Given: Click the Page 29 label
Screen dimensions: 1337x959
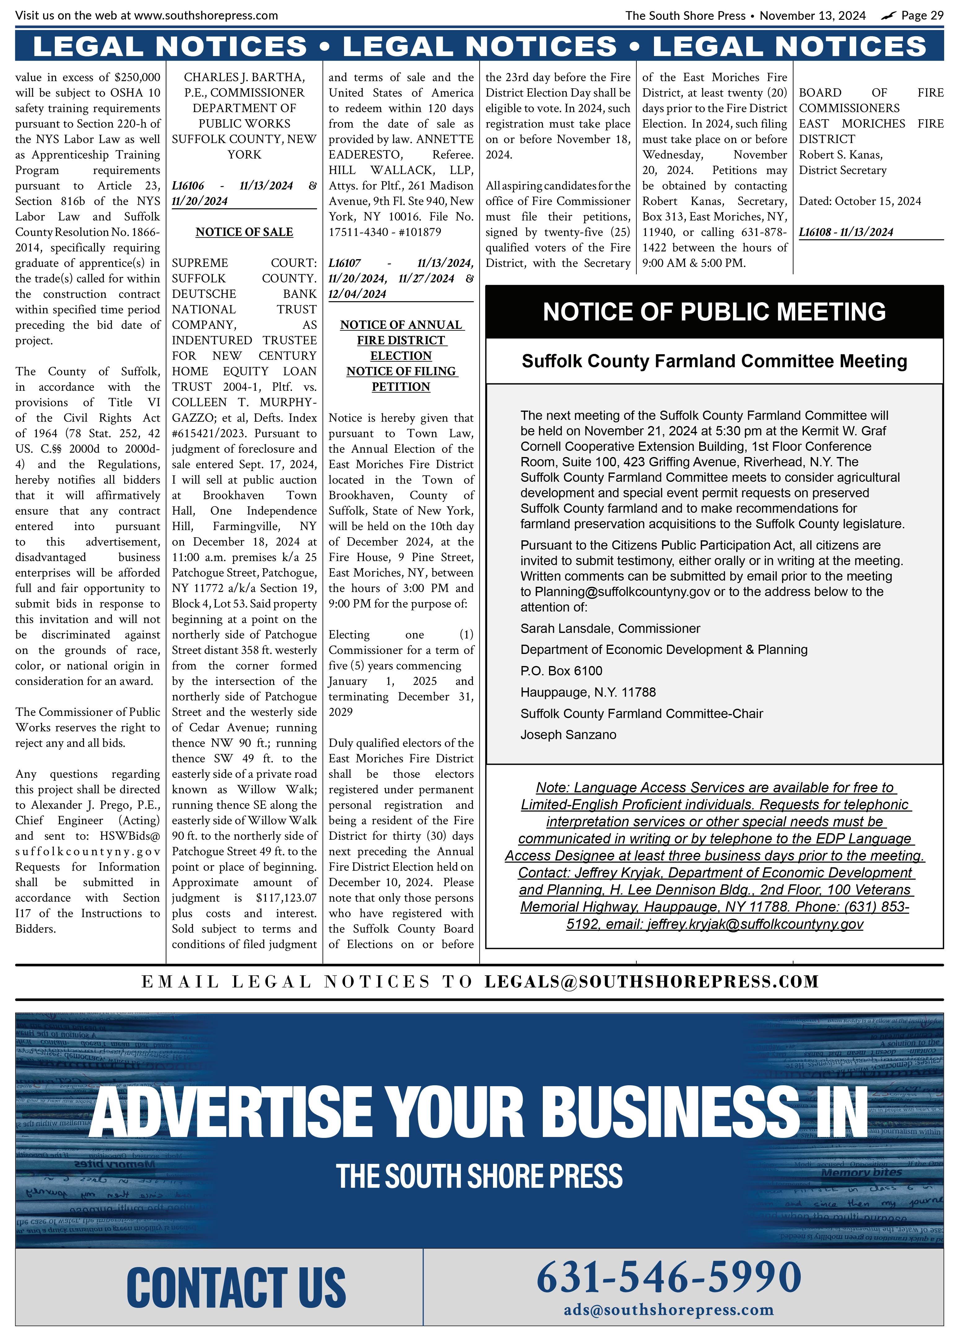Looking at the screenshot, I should click(922, 16).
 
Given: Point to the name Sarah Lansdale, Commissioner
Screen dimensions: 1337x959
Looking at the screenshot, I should click(610, 629).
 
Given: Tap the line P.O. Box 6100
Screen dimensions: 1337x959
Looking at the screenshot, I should click(561, 671).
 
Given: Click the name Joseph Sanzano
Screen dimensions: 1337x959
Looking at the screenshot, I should click(568, 734).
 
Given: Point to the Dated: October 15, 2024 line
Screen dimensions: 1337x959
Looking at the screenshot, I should click(859, 201).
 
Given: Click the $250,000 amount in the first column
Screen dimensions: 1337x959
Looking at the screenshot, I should click(137, 77).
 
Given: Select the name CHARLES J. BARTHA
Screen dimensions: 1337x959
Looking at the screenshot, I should click(244, 77).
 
